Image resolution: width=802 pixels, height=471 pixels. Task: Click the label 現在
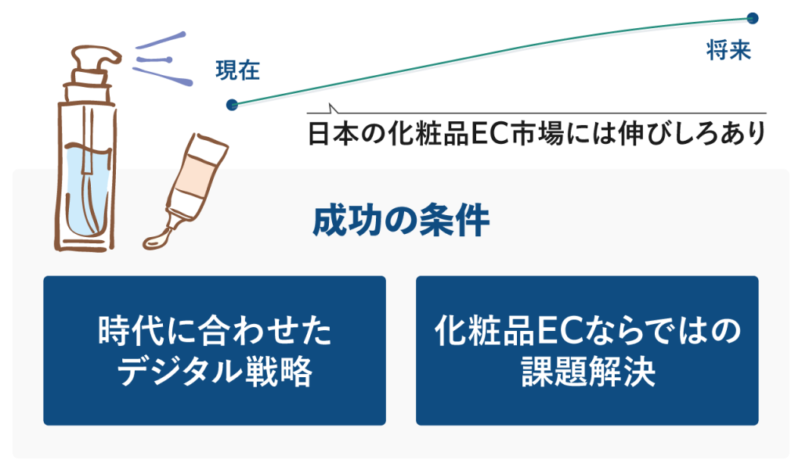(x=238, y=70)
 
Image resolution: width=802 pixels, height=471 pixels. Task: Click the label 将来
(x=728, y=50)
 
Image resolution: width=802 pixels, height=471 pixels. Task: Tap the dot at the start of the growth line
(x=232, y=105)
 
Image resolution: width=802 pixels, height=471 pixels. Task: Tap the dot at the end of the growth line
(x=753, y=19)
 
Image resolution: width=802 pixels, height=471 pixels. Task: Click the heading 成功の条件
(x=401, y=221)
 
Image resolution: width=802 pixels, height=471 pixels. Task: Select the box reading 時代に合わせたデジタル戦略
(x=215, y=351)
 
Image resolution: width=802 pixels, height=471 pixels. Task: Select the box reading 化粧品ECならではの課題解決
(x=587, y=351)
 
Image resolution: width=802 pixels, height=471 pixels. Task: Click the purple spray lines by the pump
(x=163, y=59)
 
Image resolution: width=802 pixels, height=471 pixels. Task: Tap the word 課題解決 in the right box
(x=588, y=372)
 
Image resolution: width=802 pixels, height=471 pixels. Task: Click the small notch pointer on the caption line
(x=333, y=108)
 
